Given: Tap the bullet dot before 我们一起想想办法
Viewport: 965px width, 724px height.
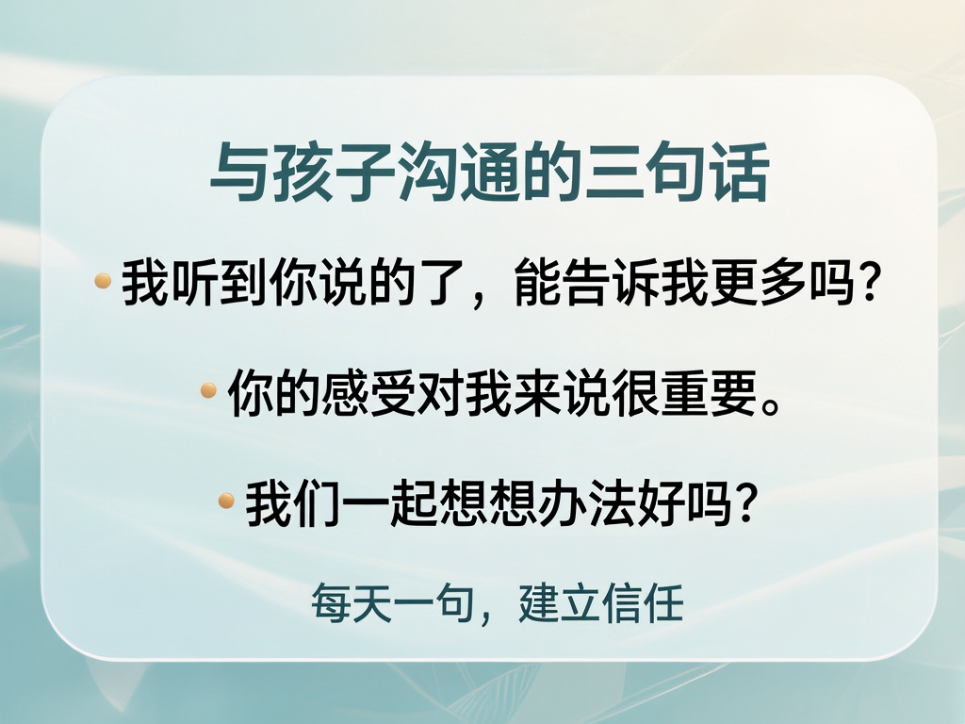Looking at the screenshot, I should click(226, 500).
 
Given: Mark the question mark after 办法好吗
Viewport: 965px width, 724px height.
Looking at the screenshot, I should click(742, 503).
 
